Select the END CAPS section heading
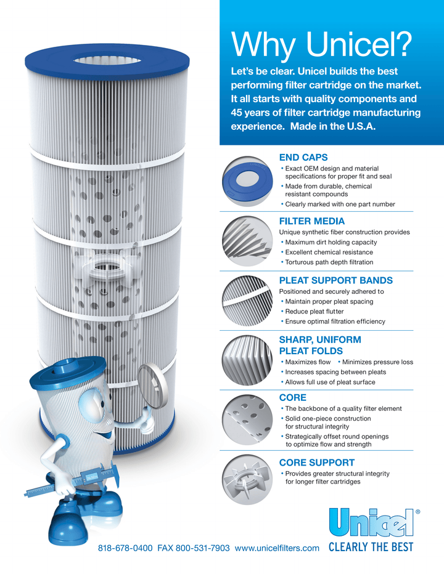[x=303, y=157]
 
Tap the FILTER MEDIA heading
[x=312, y=221]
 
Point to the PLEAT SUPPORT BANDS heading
[x=335, y=280]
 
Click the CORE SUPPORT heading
[x=317, y=462]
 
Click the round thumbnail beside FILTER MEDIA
[x=247, y=242]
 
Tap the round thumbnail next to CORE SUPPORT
[x=247, y=479]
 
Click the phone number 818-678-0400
[x=125, y=548]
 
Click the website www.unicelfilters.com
[x=277, y=548]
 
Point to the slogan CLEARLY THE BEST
[x=371, y=547]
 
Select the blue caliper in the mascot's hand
[x=68, y=484]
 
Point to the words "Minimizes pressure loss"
[x=377, y=362]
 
